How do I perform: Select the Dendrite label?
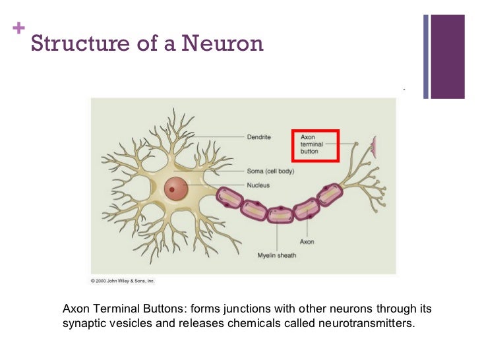[x=259, y=137]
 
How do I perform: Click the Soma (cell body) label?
[x=270, y=171]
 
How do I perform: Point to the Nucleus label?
[x=258, y=185]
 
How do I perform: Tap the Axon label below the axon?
[x=307, y=241]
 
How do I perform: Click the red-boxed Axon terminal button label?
[x=314, y=144]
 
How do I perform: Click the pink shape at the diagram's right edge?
[x=375, y=146]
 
